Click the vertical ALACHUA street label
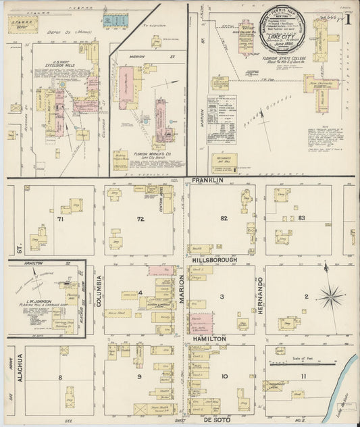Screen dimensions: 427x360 tap(20, 369)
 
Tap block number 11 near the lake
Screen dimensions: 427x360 tap(303, 376)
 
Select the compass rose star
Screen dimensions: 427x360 tap(330, 295)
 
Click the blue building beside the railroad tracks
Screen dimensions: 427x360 tap(113, 20)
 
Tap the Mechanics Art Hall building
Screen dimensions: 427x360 tap(221, 161)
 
